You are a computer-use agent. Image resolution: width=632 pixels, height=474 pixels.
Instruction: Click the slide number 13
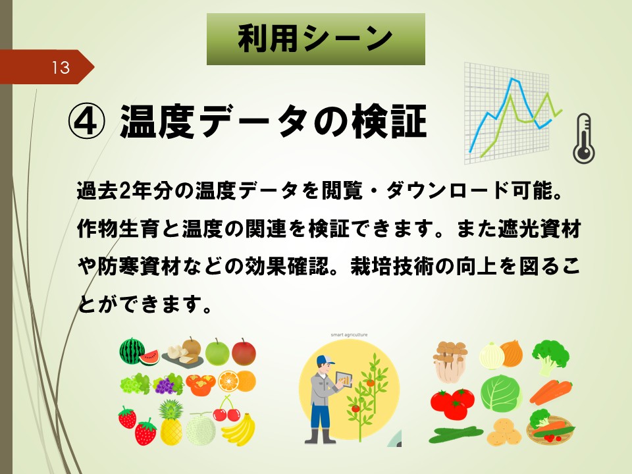[x=61, y=67]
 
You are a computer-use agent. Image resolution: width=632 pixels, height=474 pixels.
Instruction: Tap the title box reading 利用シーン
[x=315, y=39]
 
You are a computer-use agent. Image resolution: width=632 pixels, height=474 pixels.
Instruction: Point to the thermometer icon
[x=584, y=138]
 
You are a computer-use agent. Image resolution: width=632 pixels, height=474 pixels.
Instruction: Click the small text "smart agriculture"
[x=349, y=334]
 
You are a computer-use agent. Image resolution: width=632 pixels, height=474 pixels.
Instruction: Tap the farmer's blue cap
[x=325, y=359]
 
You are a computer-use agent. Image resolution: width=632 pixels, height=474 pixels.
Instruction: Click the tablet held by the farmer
[x=344, y=380]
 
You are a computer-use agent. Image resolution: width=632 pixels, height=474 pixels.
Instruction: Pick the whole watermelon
[x=132, y=351]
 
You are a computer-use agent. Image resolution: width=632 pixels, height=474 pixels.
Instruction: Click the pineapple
[x=171, y=423]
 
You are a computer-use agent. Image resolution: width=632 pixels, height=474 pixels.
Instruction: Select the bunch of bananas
[x=240, y=429]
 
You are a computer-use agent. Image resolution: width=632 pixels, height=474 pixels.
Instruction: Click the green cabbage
[x=501, y=394]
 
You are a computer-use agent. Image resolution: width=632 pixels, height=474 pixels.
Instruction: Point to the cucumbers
[x=456, y=434]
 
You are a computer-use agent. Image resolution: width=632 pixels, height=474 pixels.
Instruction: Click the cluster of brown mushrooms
[x=450, y=361]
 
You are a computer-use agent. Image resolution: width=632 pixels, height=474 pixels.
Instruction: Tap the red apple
[x=244, y=352]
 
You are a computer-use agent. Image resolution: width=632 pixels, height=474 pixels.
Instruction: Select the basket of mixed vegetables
[x=550, y=427]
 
